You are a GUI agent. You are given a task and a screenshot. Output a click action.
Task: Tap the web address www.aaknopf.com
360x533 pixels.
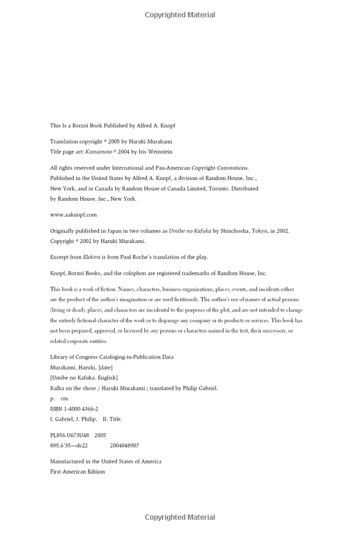click(73, 214)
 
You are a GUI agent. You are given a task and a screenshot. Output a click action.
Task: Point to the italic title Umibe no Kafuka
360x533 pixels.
click(190, 230)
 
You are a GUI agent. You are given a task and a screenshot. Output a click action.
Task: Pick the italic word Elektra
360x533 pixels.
click(94, 257)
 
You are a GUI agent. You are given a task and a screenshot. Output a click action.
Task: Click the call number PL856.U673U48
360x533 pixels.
click(70, 435)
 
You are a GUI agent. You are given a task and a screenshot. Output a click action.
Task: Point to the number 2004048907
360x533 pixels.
click(124, 445)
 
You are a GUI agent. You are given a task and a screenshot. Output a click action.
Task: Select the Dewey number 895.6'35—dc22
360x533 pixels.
click(69, 445)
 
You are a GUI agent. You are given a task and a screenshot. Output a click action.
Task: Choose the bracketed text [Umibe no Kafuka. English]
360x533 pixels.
click(84, 378)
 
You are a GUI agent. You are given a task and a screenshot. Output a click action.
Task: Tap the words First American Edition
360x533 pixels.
click(77, 472)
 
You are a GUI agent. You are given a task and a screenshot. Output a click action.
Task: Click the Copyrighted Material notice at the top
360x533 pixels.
click(180, 15)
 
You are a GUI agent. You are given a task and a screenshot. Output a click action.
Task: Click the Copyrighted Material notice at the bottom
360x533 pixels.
click(180, 517)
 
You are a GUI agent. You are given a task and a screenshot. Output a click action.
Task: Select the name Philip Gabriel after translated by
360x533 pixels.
click(200, 388)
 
